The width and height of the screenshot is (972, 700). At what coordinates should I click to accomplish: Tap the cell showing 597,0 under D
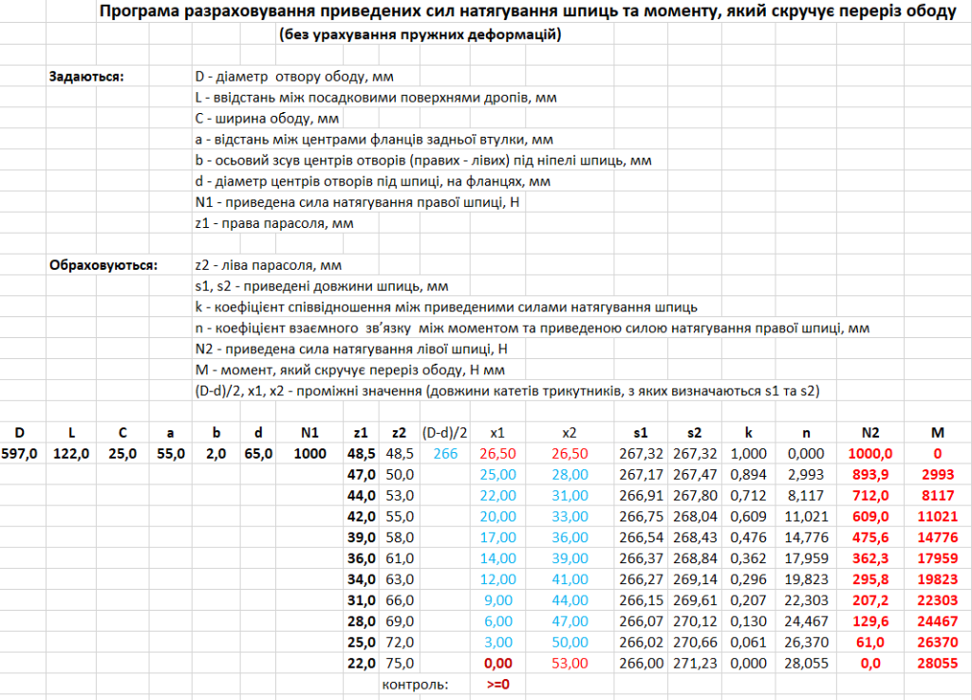point(19,454)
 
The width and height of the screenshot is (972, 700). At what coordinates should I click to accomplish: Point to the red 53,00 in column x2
point(569,663)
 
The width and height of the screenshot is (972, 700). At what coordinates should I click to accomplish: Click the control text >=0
point(498,683)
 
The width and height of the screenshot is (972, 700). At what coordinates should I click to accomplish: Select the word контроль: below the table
point(415,683)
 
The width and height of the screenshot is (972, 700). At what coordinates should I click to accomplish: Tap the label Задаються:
point(86,76)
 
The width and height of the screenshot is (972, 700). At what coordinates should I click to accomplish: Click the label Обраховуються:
point(104,265)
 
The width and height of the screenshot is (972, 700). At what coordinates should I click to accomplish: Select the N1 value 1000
point(308,454)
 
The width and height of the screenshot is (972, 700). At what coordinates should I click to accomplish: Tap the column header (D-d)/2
point(443,433)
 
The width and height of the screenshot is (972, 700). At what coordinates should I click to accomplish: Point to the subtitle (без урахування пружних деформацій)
point(421,35)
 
